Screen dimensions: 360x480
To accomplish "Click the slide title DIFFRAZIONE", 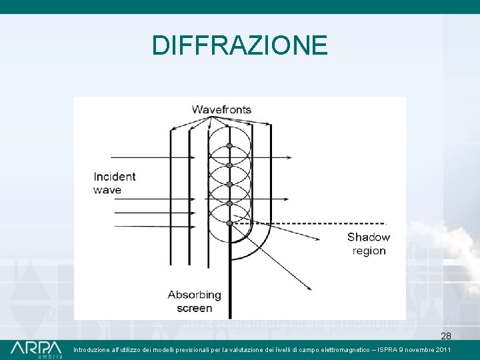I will pos(239,45).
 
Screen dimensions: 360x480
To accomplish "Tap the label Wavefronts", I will pos(221,109).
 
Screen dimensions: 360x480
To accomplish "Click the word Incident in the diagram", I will pos(115,177).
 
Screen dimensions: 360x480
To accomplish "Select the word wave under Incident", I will pos(107,190).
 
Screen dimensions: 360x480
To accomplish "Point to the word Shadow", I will pos(369,237).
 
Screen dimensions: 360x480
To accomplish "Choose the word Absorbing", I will pos(194,295).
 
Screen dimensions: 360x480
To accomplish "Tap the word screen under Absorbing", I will pos(194,308).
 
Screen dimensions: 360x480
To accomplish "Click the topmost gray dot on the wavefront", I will pos(229,145).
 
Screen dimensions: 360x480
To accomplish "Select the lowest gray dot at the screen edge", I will pos(229,223).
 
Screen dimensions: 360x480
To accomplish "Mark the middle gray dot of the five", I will pos(229,184).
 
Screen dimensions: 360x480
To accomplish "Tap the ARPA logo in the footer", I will pos(36,349).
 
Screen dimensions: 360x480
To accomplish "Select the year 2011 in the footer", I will pos(441,350).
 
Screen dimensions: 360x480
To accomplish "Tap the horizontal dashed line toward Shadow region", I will pos(320,223).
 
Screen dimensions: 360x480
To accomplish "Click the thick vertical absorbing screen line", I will pos(230,280).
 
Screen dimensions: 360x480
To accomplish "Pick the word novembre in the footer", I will pos(417,350).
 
